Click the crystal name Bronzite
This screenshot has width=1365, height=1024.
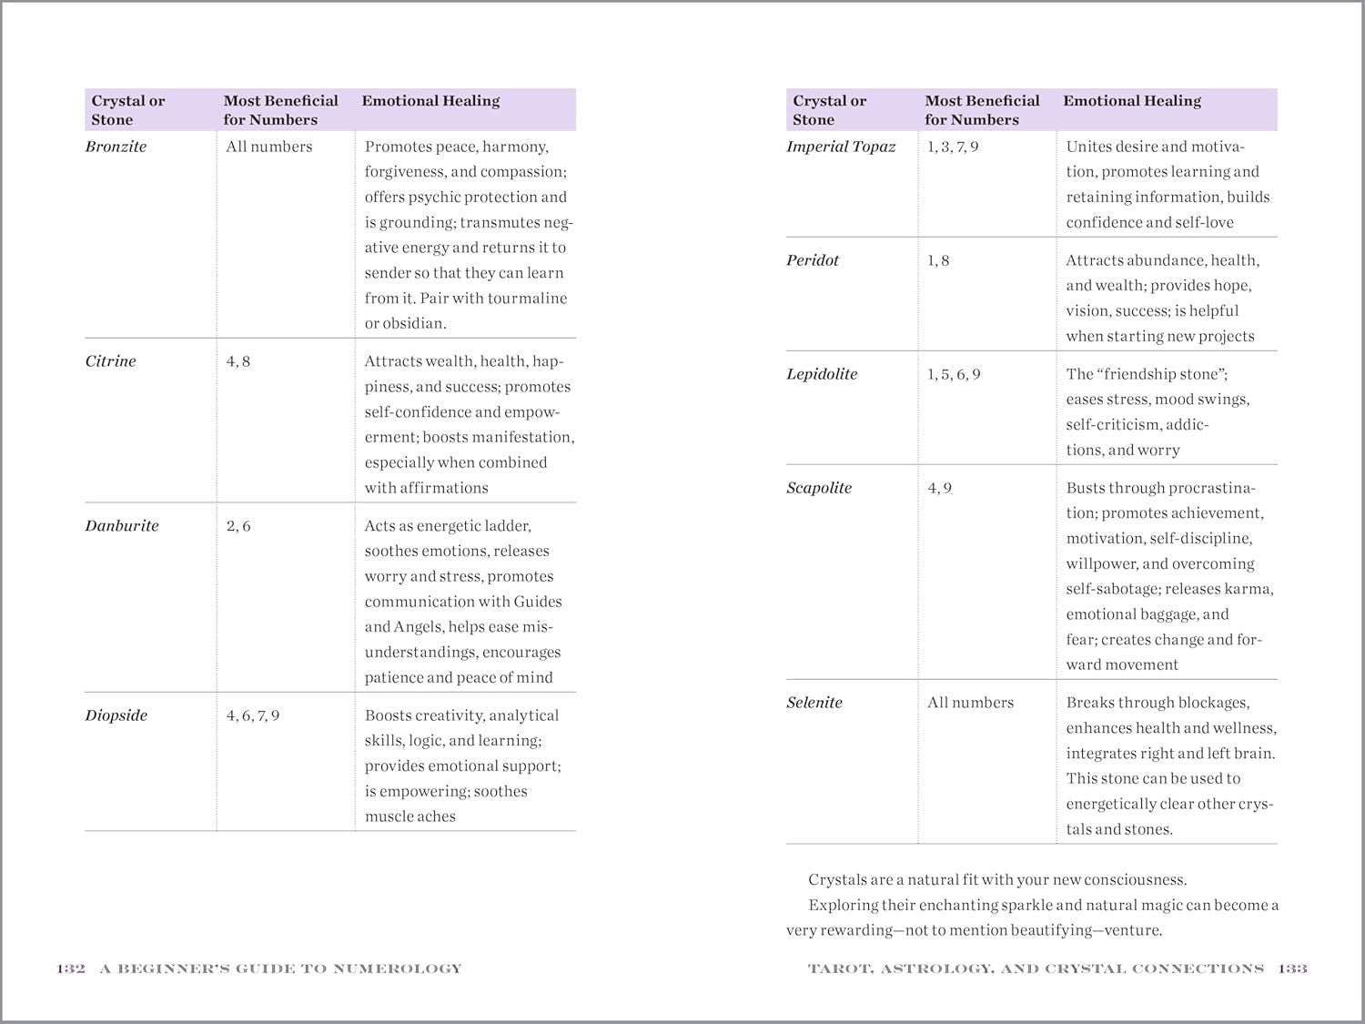116,147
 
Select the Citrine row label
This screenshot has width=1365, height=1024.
110,361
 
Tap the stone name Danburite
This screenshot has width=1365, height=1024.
121,526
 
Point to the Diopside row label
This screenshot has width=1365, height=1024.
116,715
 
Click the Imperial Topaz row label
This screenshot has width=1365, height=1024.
841,147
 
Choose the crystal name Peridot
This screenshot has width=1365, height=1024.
813,260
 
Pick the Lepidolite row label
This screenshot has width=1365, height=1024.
822,374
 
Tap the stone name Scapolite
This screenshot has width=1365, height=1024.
819,488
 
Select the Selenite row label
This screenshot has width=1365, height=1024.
814,703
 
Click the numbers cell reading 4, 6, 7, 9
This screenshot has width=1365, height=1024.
253,715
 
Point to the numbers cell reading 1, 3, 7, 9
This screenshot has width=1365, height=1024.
953,147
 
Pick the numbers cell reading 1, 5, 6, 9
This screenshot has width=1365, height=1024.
954,374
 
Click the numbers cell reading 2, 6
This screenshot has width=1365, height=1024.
238,526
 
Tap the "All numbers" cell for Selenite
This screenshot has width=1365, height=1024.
970,703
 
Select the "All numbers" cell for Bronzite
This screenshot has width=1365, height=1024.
268,147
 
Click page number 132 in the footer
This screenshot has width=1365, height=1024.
71,968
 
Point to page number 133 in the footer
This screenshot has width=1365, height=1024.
1292,968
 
